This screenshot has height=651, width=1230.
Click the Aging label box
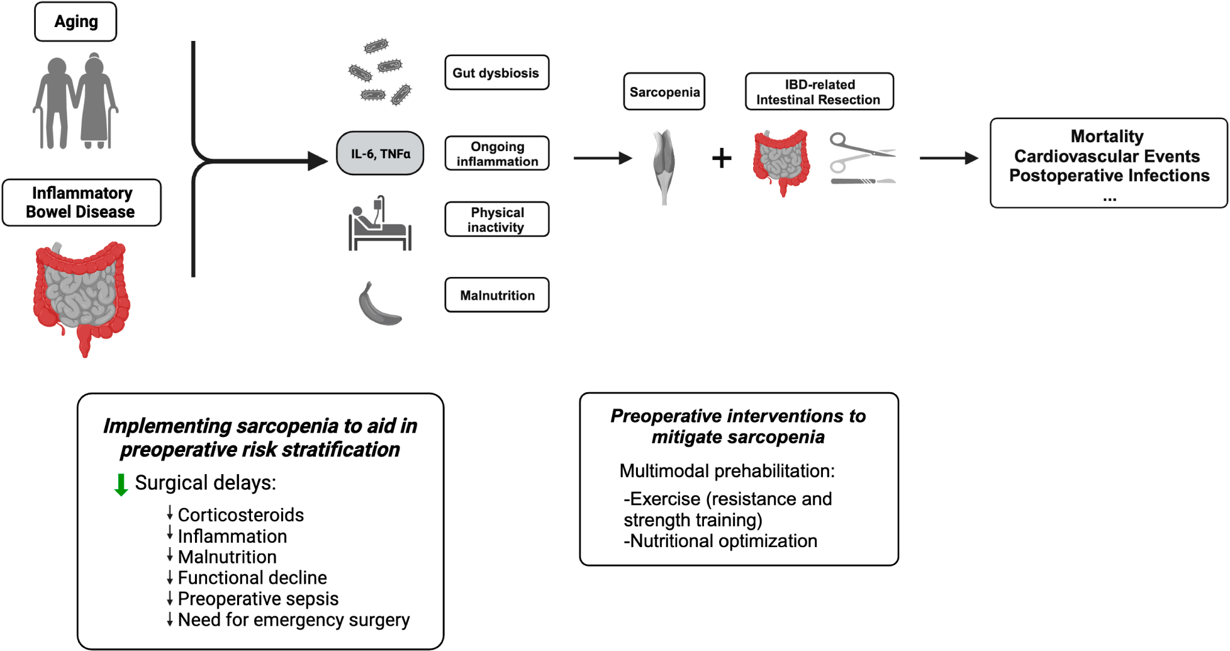tap(75, 22)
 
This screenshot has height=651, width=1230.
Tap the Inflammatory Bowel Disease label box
tap(81, 202)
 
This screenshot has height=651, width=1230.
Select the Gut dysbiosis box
tap(496, 73)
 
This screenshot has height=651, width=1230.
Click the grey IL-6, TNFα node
tap(380, 154)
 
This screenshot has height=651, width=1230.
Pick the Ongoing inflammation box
tap(496, 154)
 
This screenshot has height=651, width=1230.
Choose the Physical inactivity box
tap(496, 220)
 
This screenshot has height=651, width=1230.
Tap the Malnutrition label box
tap(496, 295)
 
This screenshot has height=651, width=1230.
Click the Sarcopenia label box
tap(664, 92)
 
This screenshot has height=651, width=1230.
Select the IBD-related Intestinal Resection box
tap(819, 92)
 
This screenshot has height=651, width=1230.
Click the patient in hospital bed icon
tap(379, 224)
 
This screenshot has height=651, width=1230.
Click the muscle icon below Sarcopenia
tap(664, 165)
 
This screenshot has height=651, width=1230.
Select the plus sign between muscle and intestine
tap(722, 158)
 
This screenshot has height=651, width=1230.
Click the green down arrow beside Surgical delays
tap(121, 485)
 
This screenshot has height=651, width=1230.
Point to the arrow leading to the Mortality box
tap(948, 158)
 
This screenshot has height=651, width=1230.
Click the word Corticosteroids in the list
tap(240, 515)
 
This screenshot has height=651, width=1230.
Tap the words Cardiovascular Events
tap(1107, 156)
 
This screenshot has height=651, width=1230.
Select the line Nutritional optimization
tap(720, 541)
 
